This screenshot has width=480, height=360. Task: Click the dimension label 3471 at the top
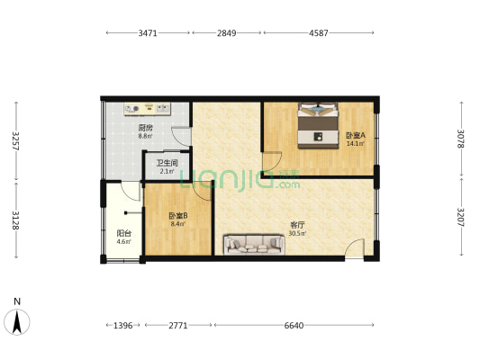(x=149, y=33)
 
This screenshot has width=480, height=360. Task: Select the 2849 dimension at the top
(x=226, y=33)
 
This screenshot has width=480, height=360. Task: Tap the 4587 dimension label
(x=318, y=33)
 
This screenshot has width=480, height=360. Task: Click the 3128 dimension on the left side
(x=15, y=221)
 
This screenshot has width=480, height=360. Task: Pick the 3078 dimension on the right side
(x=460, y=139)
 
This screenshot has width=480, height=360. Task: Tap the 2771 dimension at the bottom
(x=177, y=325)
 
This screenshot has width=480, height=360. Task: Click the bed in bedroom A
(x=318, y=123)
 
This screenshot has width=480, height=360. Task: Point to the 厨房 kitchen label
(x=145, y=128)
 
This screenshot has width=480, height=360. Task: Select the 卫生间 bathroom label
(x=167, y=163)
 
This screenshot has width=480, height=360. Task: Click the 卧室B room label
(x=177, y=216)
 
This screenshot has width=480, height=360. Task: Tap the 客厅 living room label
(x=295, y=225)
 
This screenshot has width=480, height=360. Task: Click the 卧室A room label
(x=355, y=136)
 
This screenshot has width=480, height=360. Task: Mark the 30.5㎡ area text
(x=296, y=233)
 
